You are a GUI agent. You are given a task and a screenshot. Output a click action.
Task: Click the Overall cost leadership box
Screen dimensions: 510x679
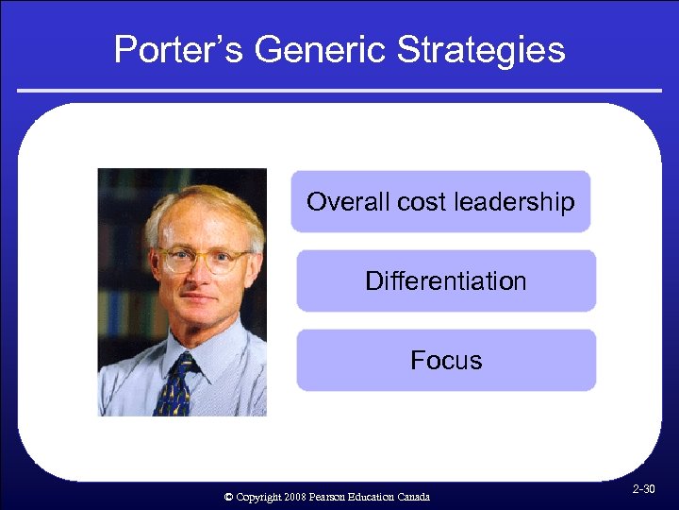pyautogui.click(x=440, y=201)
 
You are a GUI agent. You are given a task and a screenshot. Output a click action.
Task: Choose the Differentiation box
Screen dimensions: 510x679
pyautogui.click(x=446, y=280)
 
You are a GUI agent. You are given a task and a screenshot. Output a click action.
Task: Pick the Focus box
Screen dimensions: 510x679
pyautogui.click(x=446, y=360)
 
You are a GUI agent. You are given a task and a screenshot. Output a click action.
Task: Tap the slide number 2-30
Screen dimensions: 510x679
pyautogui.click(x=644, y=489)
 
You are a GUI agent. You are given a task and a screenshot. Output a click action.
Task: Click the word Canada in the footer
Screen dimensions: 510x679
pyautogui.click(x=411, y=497)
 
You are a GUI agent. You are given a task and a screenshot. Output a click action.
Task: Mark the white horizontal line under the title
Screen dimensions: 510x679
pyautogui.click(x=339, y=91)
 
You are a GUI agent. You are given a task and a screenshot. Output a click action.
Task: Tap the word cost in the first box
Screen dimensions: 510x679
pyautogui.click(x=422, y=202)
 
